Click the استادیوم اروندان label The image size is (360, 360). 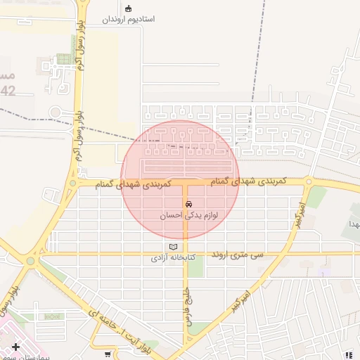point(128,20)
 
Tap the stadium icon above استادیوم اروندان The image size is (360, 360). point(128,8)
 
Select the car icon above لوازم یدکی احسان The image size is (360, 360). point(188,204)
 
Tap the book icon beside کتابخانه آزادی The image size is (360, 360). point(173,247)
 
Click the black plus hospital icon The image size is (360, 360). point(15,347)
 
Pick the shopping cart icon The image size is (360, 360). point(108,354)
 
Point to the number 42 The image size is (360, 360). point(8,91)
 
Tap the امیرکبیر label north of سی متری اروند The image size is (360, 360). point(300,215)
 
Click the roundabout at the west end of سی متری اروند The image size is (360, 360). point(30,260)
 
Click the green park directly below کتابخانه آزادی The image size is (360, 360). point(195,270)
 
